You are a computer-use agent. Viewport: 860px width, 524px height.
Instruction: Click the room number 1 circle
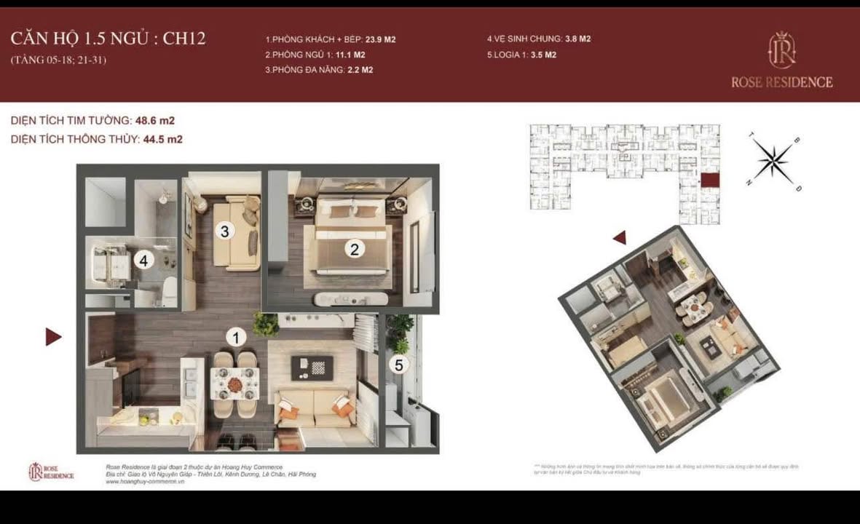point(235,337)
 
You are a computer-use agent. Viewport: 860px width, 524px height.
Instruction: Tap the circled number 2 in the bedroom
point(355,249)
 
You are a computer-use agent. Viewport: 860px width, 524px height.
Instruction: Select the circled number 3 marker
point(225,231)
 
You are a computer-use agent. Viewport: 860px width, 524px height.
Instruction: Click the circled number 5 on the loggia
point(398,365)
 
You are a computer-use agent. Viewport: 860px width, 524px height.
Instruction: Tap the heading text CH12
point(184,39)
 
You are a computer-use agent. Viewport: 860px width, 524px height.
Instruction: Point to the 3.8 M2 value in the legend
point(577,39)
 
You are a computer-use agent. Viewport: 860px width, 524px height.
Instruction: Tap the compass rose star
point(773,161)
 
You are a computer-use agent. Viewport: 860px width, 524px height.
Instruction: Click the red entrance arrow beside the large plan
point(53,336)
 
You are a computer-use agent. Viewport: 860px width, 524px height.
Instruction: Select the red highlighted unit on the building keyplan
point(709,180)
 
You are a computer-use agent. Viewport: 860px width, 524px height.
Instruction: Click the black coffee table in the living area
point(312,368)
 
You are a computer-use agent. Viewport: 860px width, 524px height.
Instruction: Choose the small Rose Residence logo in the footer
point(51,472)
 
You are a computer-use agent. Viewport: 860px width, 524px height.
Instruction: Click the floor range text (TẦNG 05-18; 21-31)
point(58,60)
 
